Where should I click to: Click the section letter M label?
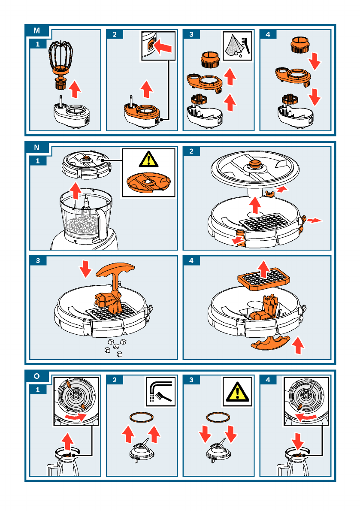pos(37,30)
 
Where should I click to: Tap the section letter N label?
pos(37,147)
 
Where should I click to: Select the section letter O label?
pos(37,376)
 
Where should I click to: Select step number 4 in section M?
pos(268,34)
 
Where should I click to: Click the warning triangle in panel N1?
pos(148,159)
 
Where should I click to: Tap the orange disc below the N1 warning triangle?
pos(148,182)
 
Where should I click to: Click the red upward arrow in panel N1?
pos(76,190)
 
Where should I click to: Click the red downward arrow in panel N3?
pos(86,269)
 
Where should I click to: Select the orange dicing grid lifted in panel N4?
pos(263,279)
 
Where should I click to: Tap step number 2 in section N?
pos(191,151)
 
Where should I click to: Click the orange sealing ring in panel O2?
pos(142,417)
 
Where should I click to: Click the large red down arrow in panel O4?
pos(297,441)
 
